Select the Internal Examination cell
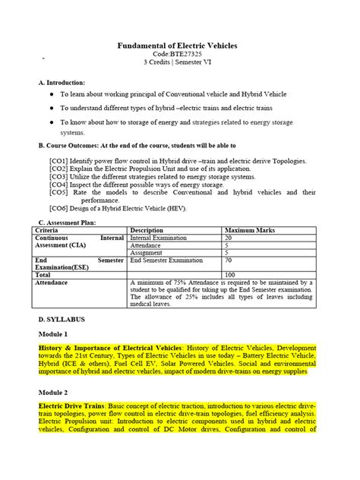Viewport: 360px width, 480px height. pos(162,238)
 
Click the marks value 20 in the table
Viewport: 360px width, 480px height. pos(229,238)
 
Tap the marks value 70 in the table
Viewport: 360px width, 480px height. pos(229,260)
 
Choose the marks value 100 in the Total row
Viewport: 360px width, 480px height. pos(231,275)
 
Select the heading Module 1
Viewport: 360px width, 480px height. pos(56,334)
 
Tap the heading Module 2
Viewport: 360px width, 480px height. pos(56,393)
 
